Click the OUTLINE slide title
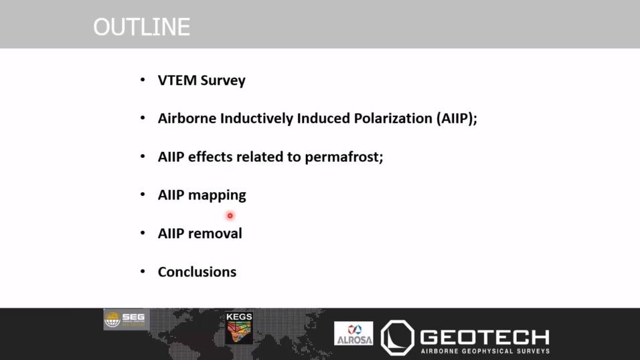click(142, 27)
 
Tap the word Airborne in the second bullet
click(187, 118)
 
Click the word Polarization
click(393, 118)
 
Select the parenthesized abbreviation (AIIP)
click(455, 119)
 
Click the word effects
click(210, 157)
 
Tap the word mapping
click(217, 195)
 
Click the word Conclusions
click(197, 272)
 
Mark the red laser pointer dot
click(230, 215)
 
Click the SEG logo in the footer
click(127, 319)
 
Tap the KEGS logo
click(239, 328)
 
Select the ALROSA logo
click(353, 333)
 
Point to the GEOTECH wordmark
click(485, 337)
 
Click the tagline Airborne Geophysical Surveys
click(485, 351)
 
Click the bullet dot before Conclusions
click(143, 271)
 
